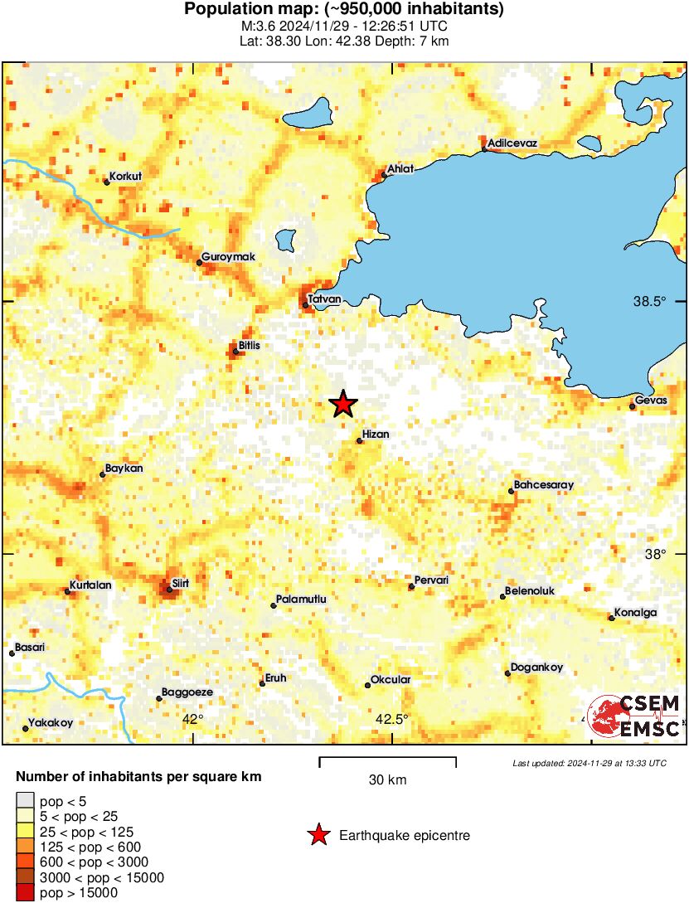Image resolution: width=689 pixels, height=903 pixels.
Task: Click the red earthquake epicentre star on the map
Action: (342, 404)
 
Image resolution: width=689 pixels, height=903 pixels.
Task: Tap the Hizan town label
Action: (376, 434)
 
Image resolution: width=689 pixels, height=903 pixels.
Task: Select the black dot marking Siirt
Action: (169, 590)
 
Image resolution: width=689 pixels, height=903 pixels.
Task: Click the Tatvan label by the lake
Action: (324, 299)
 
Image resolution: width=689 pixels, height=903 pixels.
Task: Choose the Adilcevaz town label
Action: (512, 143)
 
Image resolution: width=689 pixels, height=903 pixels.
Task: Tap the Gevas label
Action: (645, 399)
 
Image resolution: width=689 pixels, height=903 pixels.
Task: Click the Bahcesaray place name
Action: (544, 484)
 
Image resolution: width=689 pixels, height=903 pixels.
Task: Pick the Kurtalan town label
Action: (90, 585)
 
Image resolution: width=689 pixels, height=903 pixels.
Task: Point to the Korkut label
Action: (126, 177)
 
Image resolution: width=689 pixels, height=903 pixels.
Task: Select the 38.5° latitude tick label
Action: (649, 302)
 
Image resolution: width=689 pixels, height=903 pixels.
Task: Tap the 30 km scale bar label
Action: (387, 780)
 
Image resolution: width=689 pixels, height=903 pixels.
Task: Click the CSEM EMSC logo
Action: (635, 715)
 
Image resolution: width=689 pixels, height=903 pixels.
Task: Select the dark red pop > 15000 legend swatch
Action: (26, 892)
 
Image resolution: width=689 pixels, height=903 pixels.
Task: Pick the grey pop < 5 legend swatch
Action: (26, 800)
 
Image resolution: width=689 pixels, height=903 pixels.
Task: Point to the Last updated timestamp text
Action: (589, 763)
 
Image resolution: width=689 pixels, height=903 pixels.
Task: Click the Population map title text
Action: (343, 10)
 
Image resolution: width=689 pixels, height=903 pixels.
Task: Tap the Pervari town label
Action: (431, 580)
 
